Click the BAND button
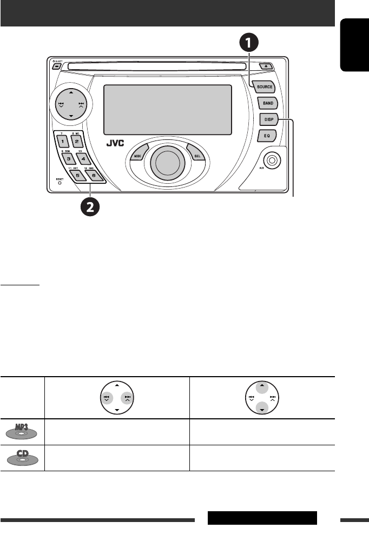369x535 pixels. pos(267,103)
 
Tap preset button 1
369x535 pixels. pos(62,141)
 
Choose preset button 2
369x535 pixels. pos(77,142)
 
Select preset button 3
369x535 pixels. pos(69,159)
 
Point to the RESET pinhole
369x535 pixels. pos(60,183)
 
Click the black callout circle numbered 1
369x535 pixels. pos(248,42)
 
